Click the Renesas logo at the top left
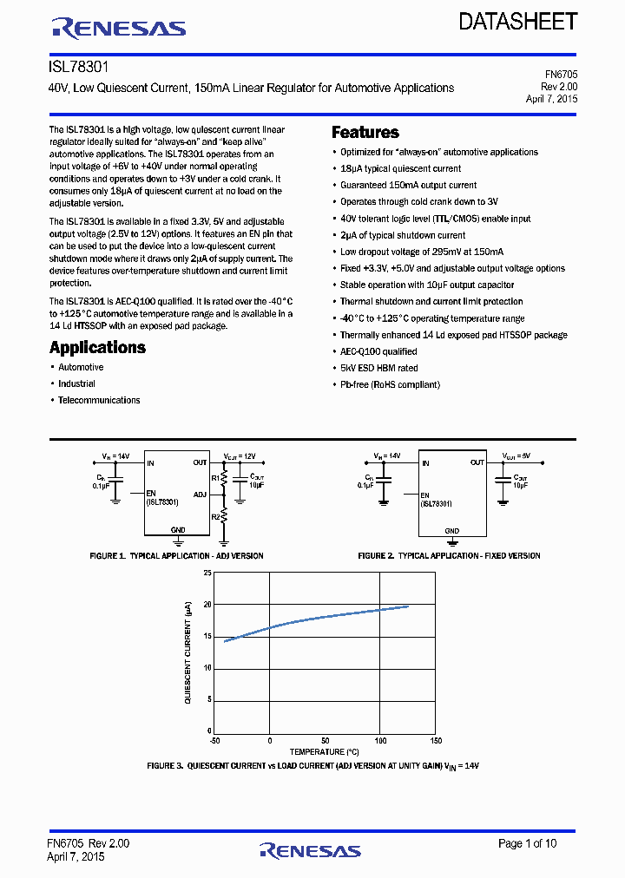119,29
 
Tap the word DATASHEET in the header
517,23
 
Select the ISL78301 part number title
79,66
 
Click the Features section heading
365,132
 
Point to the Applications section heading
97,347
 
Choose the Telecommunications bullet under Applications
99,400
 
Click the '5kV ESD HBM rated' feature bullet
378,368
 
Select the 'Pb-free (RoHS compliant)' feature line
390,384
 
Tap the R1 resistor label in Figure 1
216,477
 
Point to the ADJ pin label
201,495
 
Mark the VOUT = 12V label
240,455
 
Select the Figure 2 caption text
449,555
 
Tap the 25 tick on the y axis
207,573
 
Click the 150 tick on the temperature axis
436,740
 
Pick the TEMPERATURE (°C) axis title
324,751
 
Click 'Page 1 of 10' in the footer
528,843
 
